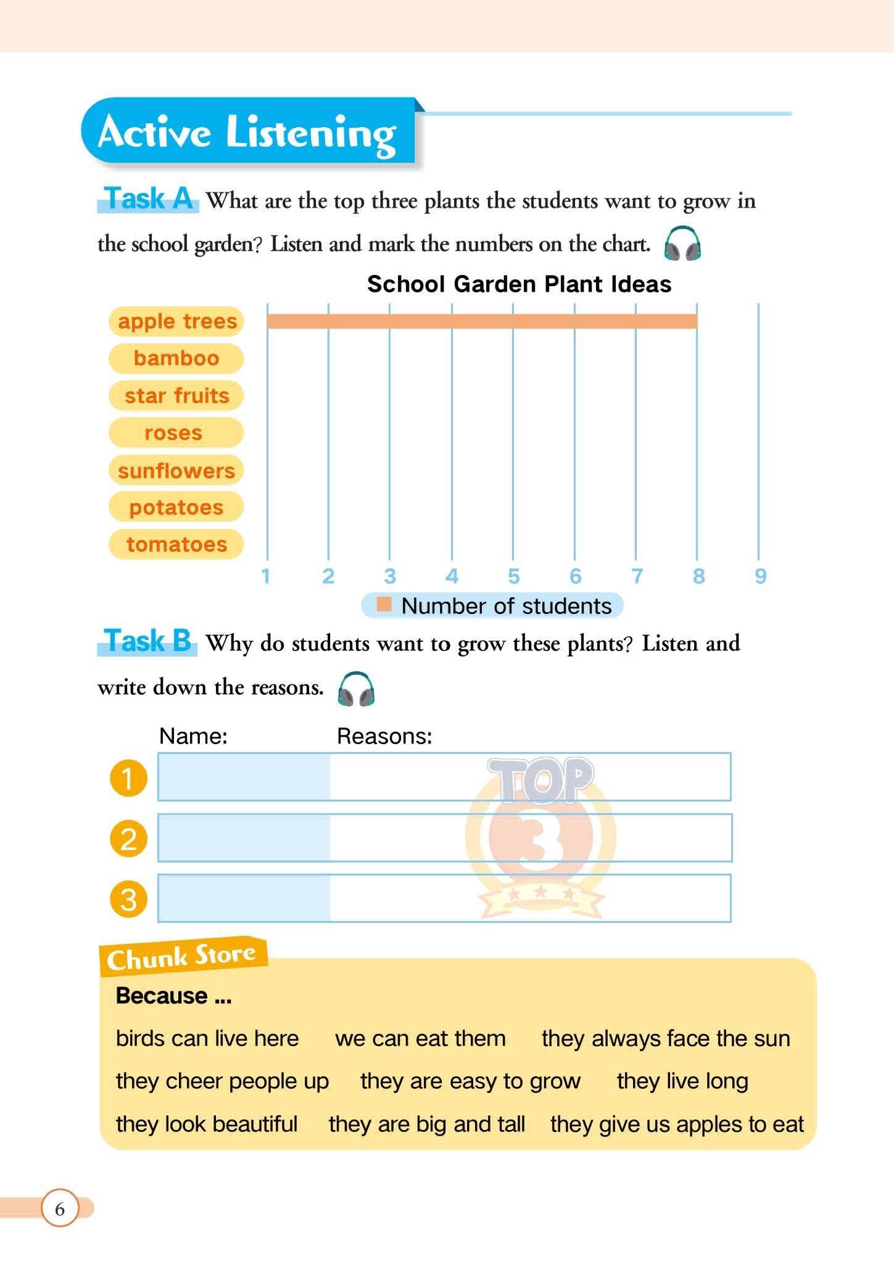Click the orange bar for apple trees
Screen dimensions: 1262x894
(482, 321)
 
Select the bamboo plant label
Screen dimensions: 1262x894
(176, 358)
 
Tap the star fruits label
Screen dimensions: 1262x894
(176, 395)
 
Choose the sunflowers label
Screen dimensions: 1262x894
(176, 470)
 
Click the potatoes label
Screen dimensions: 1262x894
(176, 507)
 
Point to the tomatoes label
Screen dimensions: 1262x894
(176, 544)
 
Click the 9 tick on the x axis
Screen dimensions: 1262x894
(760, 576)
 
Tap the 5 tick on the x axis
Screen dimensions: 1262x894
(513, 576)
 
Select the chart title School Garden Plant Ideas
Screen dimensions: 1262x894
(519, 284)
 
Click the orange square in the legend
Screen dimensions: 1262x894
(384, 605)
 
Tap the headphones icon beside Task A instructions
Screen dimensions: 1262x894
(682, 244)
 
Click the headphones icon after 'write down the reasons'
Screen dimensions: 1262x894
(356, 689)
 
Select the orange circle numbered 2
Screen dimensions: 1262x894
(128, 838)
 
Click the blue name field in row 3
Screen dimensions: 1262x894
(244, 898)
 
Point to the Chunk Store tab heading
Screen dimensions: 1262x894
(182, 957)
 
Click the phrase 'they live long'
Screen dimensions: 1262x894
(682, 1081)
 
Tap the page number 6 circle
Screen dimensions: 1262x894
(60, 1208)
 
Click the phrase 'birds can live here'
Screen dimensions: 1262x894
(207, 1038)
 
